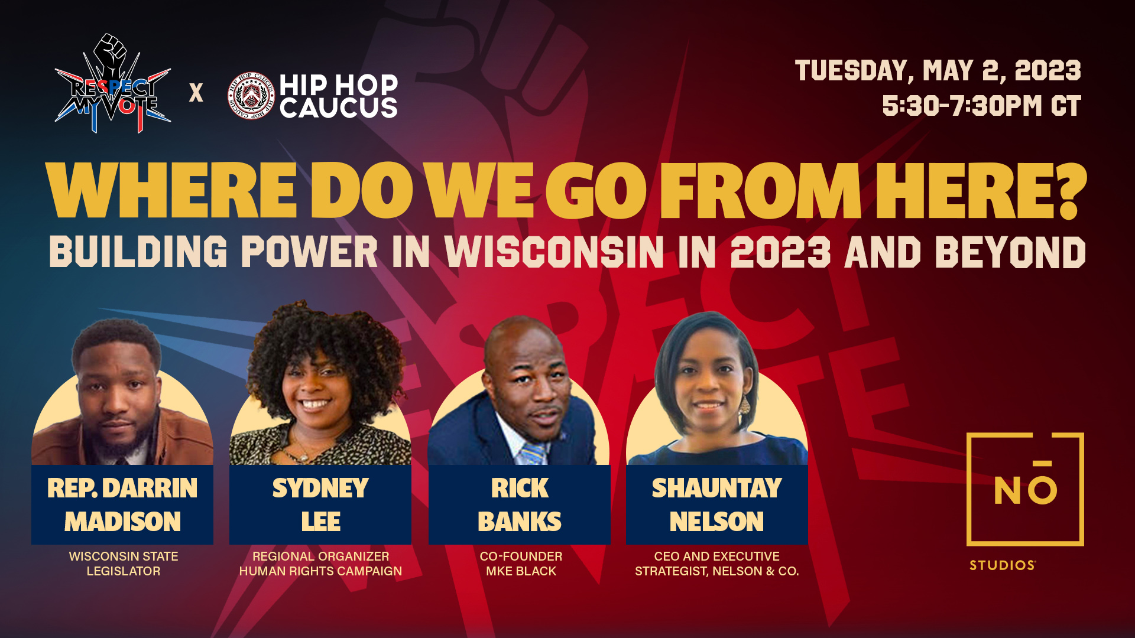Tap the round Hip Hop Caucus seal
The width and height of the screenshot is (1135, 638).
[251, 95]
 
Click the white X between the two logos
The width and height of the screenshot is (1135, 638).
[196, 93]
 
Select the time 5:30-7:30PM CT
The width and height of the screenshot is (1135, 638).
[981, 106]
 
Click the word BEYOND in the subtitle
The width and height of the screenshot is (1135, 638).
[1010, 252]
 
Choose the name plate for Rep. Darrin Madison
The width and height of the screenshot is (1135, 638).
[122, 504]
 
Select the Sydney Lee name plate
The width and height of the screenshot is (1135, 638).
[320, 504]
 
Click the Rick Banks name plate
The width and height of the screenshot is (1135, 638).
[520, 504]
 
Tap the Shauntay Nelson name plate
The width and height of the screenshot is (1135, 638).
[717, 504]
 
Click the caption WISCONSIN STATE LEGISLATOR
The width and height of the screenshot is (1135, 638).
[124, 564]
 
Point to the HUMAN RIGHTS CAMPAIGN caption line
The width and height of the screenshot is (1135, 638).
[320, 571]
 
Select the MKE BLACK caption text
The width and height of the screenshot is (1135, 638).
[521, 571]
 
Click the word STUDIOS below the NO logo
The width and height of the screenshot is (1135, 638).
[1003, 565]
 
